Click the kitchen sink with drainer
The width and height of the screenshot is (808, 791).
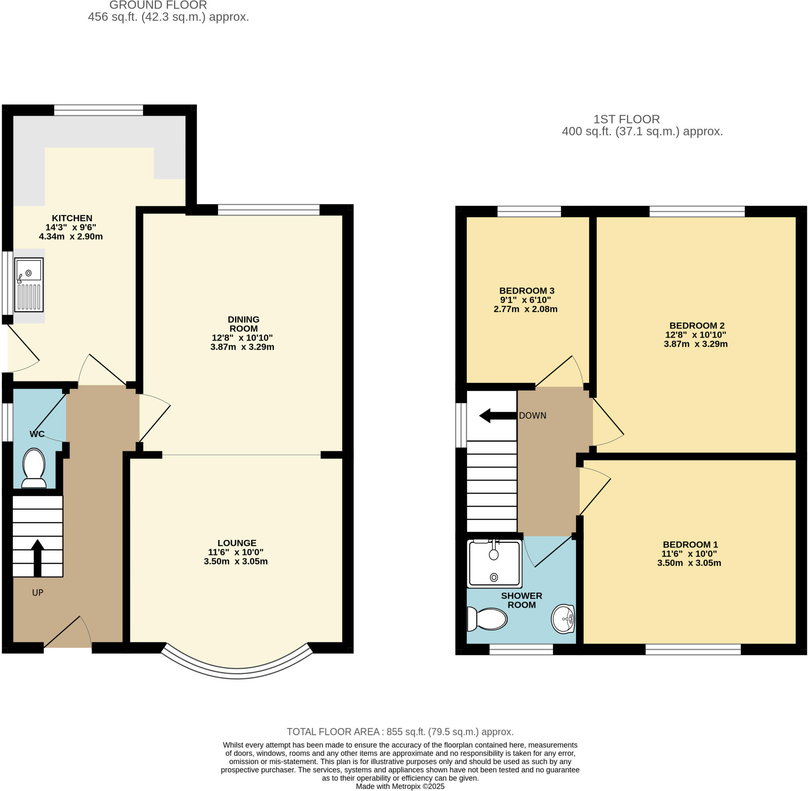click(29, 285)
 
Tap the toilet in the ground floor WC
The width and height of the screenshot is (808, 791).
click(34, 467)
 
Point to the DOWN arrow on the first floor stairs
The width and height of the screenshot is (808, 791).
click(498, 416)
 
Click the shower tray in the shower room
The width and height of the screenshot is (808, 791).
click(494, 563)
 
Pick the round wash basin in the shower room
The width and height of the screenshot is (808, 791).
click(563, 619)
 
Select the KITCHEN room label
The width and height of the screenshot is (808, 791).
click(72, 218)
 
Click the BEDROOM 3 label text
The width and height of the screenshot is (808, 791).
click(526, 291)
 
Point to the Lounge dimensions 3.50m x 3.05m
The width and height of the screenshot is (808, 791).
click(236, 562)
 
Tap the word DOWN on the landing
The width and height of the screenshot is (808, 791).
click(532, 416)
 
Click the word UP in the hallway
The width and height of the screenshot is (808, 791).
click(37, 593)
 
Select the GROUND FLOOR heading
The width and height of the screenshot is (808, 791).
click(158, 6)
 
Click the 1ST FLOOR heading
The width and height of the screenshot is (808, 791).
click(626, 119)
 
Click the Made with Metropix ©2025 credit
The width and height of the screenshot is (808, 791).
click(400, 786)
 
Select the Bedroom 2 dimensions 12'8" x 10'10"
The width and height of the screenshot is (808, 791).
click(696, 335)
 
